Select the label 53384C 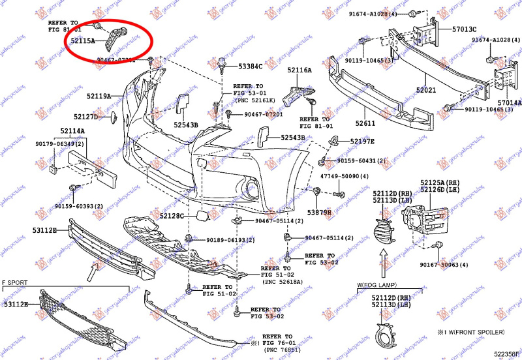click(x=250, y=67)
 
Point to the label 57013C click(x=465, y=29)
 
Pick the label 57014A click(x=510, y=102)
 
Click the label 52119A click(x=100, y=96)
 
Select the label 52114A click(x=73, y=131)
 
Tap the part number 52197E click(x=363, y=142)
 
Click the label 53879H click(x=320, y=213)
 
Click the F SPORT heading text click(x=16, y=283)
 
